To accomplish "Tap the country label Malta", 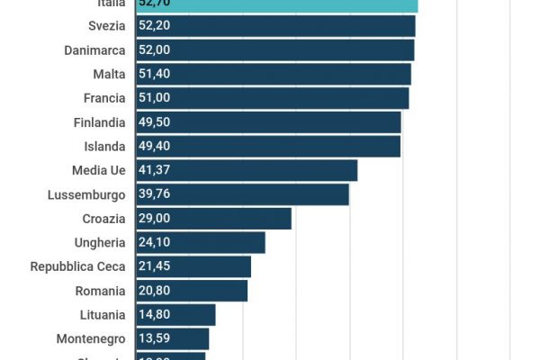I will pyautogui.click(x=109, y=74).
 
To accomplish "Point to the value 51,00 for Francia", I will pyautogui.click(x=155, y=98).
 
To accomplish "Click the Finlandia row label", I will pyautogui.click(x=99, y=122).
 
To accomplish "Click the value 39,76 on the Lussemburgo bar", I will pyautogui.click(x=155, y=194).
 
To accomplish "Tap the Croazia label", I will pyautogui.click(x=103, y=219).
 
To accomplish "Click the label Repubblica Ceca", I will pyautogui.click(x=77, y=266).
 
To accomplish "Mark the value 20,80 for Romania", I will pyautogui.click(x=155, y=291).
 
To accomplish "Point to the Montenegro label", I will pyautogui.click(x=91, y=339).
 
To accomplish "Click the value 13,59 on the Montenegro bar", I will pyautogui.click(x=155, y=339).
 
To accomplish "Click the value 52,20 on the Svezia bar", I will pyautogui.click(x=155, y=25).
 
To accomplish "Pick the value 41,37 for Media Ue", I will pyautogui.click(x=155, y=170).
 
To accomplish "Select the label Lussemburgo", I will pyautogui.click(x=86, y=194).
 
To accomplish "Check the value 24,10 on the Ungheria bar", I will pyautogui.click(x=155, y=242).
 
